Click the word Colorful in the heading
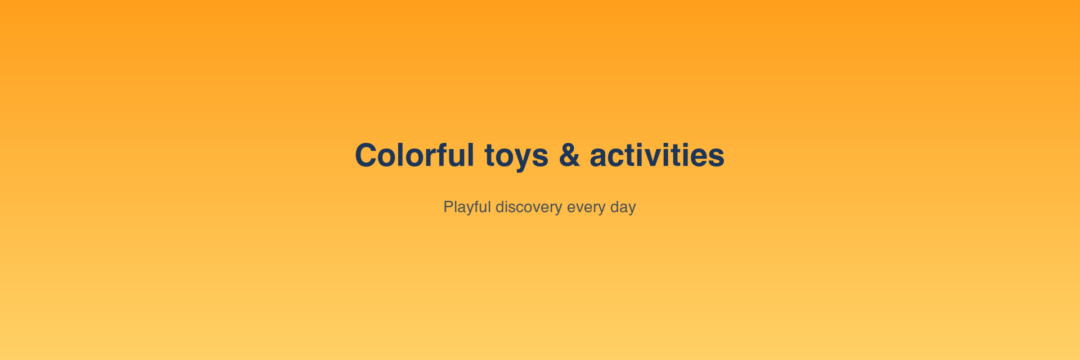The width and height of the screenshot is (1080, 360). pos(415,155)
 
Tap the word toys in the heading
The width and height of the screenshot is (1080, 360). pos(516,157)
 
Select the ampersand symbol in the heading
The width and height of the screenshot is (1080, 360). pos(569,155)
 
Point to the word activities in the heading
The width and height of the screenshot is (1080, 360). pos(657,155)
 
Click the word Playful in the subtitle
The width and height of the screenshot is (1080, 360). pos(467,208)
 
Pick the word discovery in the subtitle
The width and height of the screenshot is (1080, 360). pos(529,208)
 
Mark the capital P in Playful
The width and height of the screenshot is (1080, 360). pos(449,206)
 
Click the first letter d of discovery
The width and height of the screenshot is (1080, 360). pos(500,206)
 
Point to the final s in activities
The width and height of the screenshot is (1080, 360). pos(715,158)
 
